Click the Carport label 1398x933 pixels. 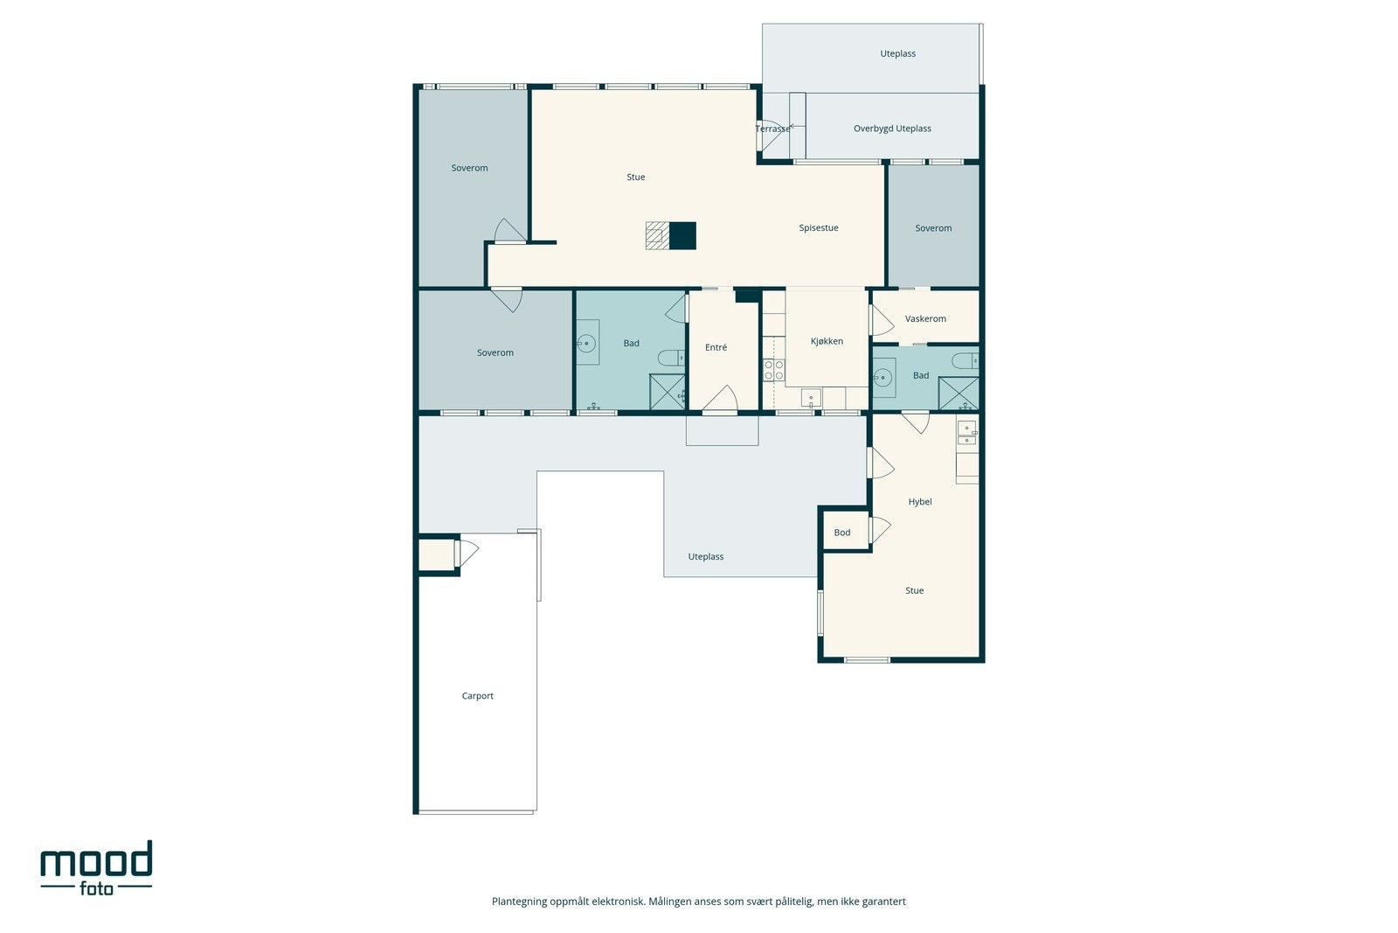(x=477, y=696)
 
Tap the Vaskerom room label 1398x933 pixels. (x=925, y=318)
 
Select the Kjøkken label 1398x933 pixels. (x=827, y=341)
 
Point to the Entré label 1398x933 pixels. (x=716, y=347)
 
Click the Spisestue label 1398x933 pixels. (x=819, y=228)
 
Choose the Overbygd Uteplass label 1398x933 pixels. (x=892, y=129)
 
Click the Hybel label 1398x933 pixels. (x=920, y=501)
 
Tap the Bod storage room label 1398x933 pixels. (x=842, y=533)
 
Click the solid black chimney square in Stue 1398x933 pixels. (x=682, y=236)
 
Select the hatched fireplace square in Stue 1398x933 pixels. (x=658, y=236)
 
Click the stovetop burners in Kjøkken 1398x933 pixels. (x=774, y=370)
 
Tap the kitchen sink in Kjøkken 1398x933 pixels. (x=812, y=398)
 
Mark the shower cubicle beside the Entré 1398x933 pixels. (x=668, y=393)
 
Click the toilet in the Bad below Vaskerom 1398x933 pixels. (x=965, y=360)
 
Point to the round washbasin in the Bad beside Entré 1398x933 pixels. (x=586, y=343)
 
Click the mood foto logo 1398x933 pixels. (x=96, y=868)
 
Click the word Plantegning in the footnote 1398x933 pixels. (x=519, y=902)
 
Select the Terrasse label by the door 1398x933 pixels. (x=772, y=129)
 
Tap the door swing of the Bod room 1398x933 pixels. (x=880, y=529)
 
